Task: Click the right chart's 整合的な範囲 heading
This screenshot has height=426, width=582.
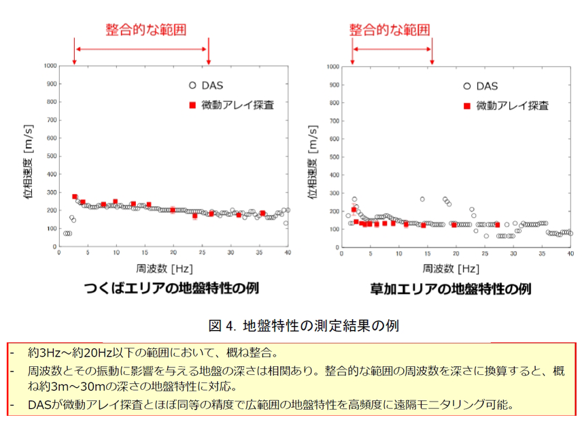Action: pos(390,29)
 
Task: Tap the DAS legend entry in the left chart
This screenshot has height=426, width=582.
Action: pos(211,86)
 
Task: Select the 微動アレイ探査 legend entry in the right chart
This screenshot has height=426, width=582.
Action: pos(512,105)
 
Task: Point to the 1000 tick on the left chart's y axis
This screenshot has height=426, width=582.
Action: pos(48,66)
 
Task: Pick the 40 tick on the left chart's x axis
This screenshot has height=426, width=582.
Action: pos(288,259)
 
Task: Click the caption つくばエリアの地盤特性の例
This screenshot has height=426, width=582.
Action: pos(171,289)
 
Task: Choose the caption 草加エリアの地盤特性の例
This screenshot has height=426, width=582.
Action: pos(450,289)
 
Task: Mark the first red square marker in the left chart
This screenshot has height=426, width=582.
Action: pos(75,197)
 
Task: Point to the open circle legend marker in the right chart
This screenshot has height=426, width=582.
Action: pos(466,86)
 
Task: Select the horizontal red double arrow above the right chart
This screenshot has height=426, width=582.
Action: pos(392,49)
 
